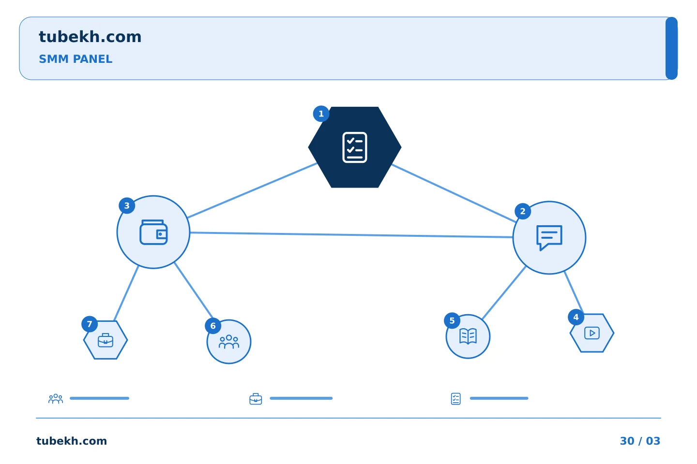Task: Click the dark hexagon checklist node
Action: pyautogui.click(x=355, y=147)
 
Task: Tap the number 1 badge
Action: pyautogui.click(x=321, y=114)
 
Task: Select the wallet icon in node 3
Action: pyautogui.click(x=153, y=232)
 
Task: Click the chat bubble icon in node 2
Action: pyautogui.click(x=549, y=238)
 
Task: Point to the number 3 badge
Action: pyautogui.click(x=127, y=205)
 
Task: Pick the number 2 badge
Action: pyautogui.click(x=523, y=211)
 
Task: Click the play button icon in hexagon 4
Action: pyautogui.click(x=592, y=333)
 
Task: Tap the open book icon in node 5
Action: pyautogui.click(x=468, y=336)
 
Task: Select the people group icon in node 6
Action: pyautogui.click(x=229, y=342)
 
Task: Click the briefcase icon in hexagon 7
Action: pyautogui.click(x=106, y=340)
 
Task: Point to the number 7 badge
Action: pyautogui.click(x=90, y=324)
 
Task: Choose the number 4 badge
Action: pyautogui.click(x=576, y=317)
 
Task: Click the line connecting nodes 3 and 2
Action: pyautogui.click(x=351, y=235)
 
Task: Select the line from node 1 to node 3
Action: pyautogui.click(x=252, y=190)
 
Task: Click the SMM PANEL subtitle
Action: pyautogui.click(x=76, y=59)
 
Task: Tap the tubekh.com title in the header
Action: pyautogui.click(x=90, y=37)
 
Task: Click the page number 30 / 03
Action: pyautogui.click(x=640, y=441)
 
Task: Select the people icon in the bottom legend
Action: pyautogui.click(x=56, y=399)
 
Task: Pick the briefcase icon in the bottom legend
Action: pyautogui.click(x=256, y=399)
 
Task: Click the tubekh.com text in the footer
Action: pyautogui.click(x=72, y=441)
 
